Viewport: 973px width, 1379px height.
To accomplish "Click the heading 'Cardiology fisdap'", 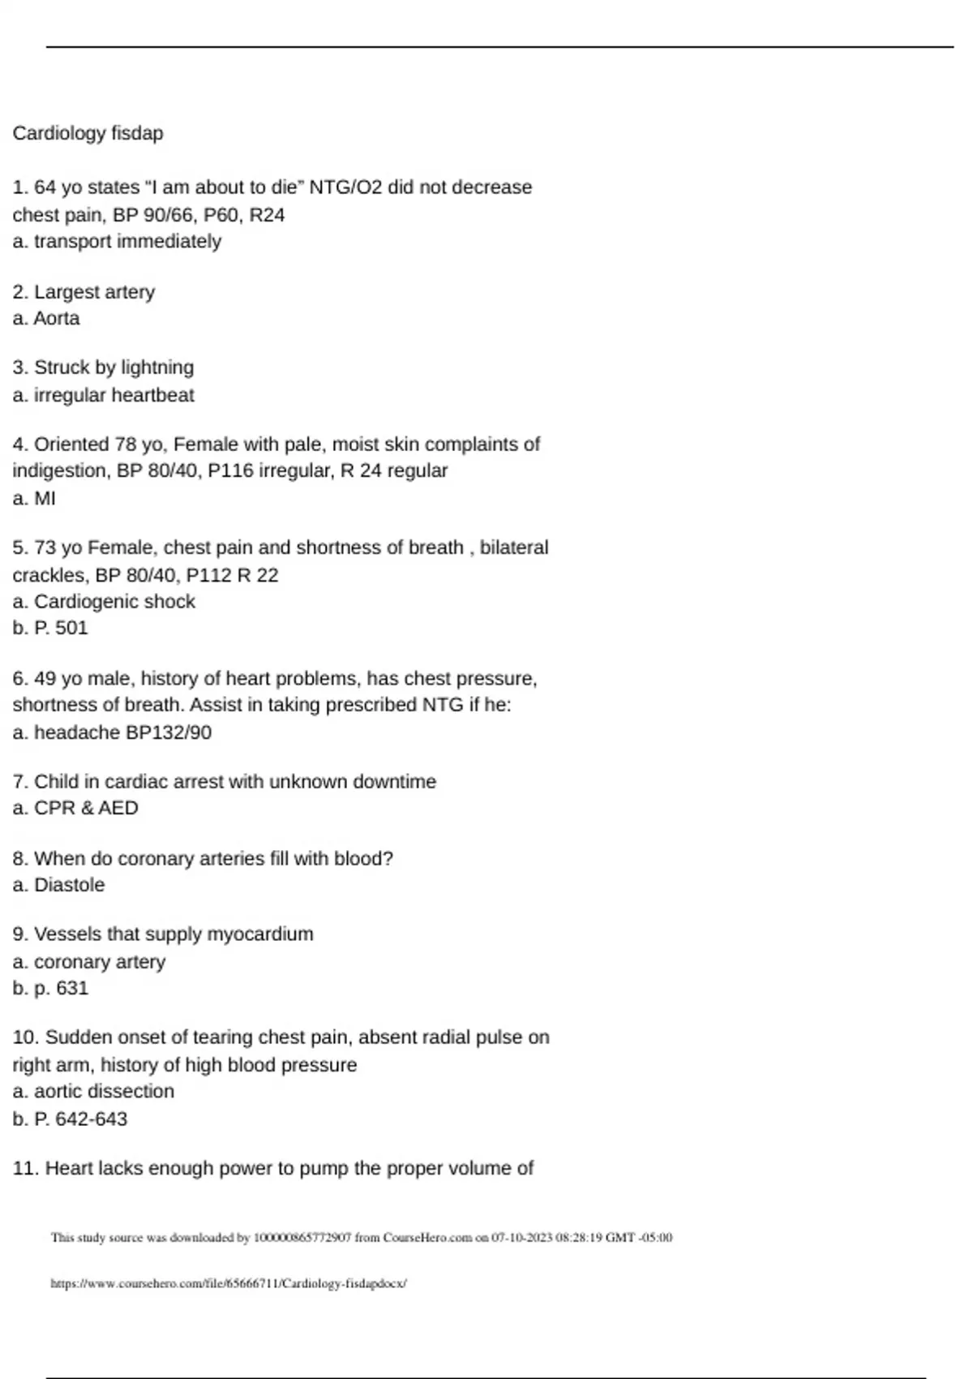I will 88,133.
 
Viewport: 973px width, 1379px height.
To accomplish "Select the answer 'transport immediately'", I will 127,242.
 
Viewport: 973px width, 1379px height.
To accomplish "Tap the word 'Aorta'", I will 57,319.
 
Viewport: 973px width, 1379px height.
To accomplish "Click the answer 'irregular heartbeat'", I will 114,395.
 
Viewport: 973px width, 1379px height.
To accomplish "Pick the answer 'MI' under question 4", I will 45,498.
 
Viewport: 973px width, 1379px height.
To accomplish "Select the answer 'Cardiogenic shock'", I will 114,602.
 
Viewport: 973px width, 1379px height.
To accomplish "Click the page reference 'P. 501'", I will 61,628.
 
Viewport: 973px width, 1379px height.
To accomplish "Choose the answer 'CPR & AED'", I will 86,808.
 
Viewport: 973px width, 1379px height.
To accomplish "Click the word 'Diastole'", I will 69,885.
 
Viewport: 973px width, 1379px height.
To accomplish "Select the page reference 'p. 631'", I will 61,988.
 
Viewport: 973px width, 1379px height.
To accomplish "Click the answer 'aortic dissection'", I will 104,1092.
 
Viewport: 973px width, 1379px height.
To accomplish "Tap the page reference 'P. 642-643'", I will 80,1119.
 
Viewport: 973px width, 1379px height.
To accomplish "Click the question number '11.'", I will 26,1169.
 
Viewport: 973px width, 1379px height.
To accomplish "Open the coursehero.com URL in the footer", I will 228,1284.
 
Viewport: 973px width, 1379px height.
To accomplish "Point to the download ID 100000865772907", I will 302,1238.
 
